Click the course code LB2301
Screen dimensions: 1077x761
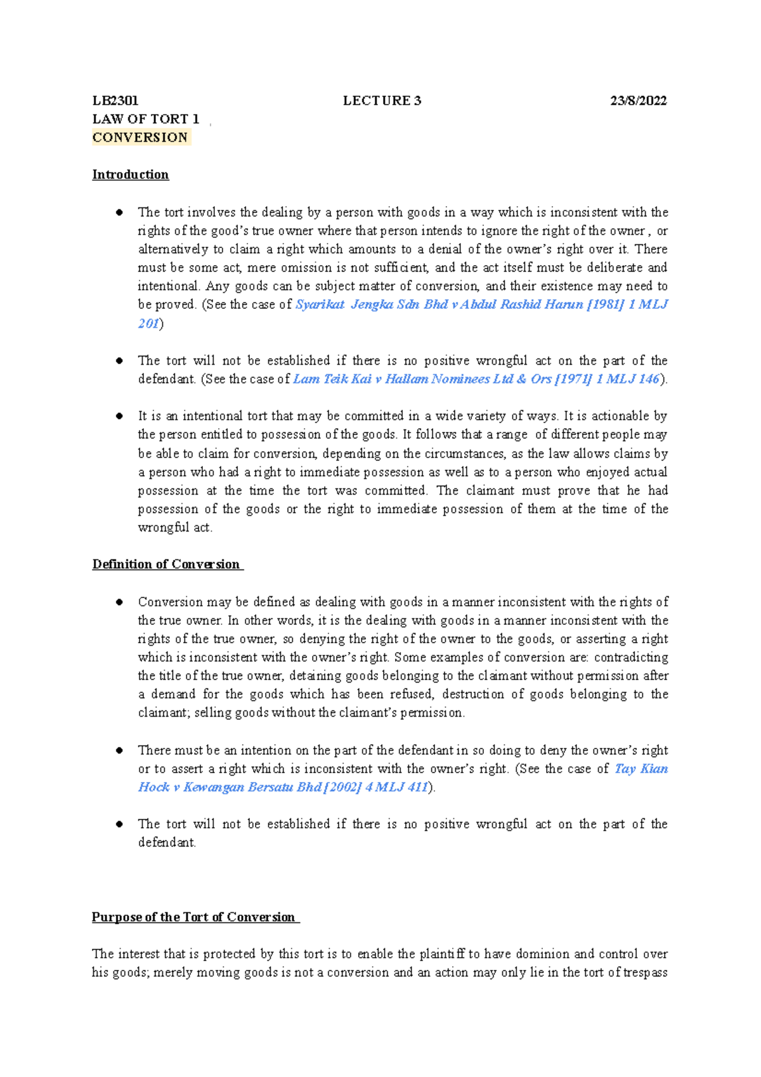115,101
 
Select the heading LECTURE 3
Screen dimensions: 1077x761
382,101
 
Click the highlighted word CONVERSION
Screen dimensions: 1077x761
140,138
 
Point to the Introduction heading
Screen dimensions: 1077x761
131,174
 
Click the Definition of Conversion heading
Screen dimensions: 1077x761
166,565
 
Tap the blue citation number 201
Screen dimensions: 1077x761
148,323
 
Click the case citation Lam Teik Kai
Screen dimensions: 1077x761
332,379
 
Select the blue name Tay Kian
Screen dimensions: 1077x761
641,769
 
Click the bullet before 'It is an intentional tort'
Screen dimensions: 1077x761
119,416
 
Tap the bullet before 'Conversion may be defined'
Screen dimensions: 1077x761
119,602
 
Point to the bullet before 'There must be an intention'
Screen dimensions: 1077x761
119,750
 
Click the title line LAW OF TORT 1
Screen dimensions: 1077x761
146,119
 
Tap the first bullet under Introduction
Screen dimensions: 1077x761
119,212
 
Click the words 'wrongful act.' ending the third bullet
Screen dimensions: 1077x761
175,528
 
